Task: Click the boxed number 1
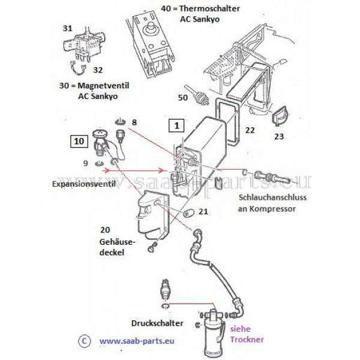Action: pyautogui.click(x=176, y=125)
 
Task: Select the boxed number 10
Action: pyautogui.click(x=79, y=141)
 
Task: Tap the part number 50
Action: pyautogui.click(x=183, y=98)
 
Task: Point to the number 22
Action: pyautogui.click(x=250, y=130)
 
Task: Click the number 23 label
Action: pyautogui.click(x=279, y=137)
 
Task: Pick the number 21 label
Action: pyautogui.click(x=203, y=211)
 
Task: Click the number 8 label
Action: pyautogui.click(x=134, y=122)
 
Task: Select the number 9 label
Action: pyautogui.click(x=86, y=163)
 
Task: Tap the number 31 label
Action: pyautogui.click(x=67, y=28)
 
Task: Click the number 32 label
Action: pyautogui.click(x=98, y=70)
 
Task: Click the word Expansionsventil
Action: pyautogui.click(x=84, y=184)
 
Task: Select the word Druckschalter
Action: pyautogui.click(x=157, y=323)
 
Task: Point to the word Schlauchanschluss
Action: pyautogui.click(x=272, y=197)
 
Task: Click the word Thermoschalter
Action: pyautogui.click(x=209, y=9)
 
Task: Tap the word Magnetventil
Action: pyautogui.click(x=103, y=86)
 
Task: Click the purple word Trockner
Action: pyautogui.click(x=247, y=340)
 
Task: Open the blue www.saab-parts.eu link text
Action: pyautogui.click(x=137, y=341)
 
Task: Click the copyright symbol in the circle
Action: pyautogui.click(x=84, y=341)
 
